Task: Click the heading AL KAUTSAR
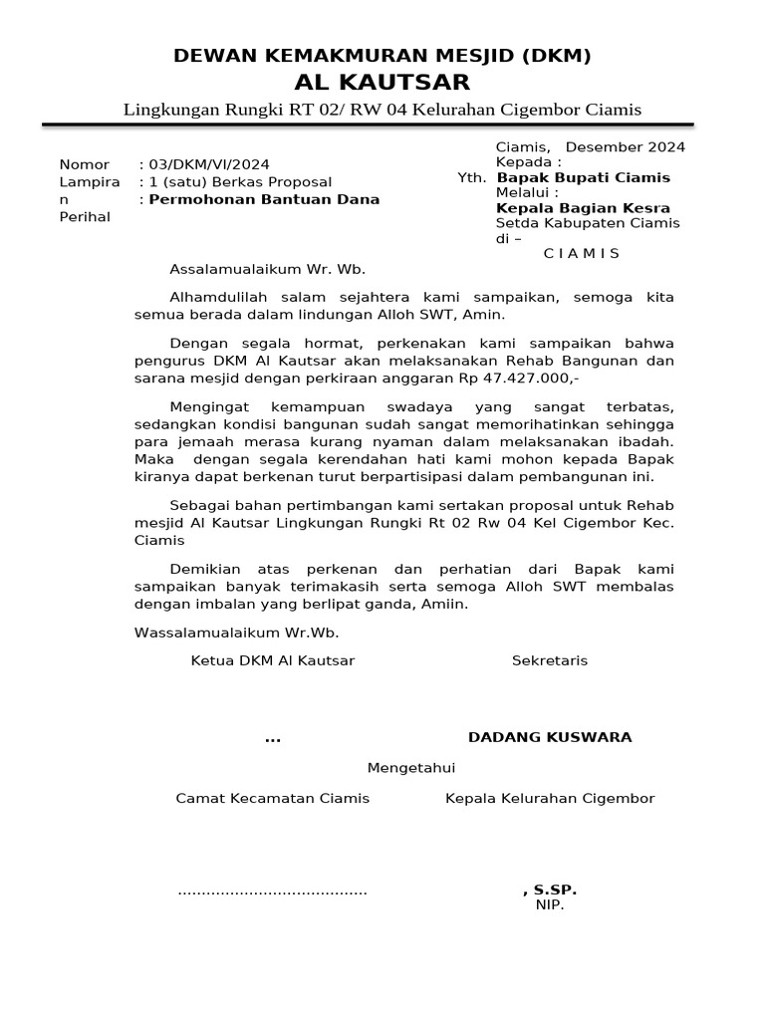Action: pos(382,82)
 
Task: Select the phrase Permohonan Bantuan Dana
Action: pos(264,199)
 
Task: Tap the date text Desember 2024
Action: pos(625,146)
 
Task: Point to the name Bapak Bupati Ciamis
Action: pos(583,177)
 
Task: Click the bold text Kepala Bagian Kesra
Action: pos(583,208)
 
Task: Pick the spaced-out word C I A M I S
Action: pos(582,253)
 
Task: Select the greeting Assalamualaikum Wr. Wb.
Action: pos(254,269)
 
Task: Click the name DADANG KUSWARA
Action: pos(550,737)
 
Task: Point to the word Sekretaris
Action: pos(550,660)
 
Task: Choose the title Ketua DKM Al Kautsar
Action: pos(272,660)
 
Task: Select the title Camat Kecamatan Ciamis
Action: pos(272,798)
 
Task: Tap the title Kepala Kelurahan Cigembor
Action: pos(550,798)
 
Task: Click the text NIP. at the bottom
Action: pos(550,904)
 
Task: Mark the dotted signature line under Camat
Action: pos(272,892)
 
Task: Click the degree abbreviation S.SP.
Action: pos(555,890)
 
